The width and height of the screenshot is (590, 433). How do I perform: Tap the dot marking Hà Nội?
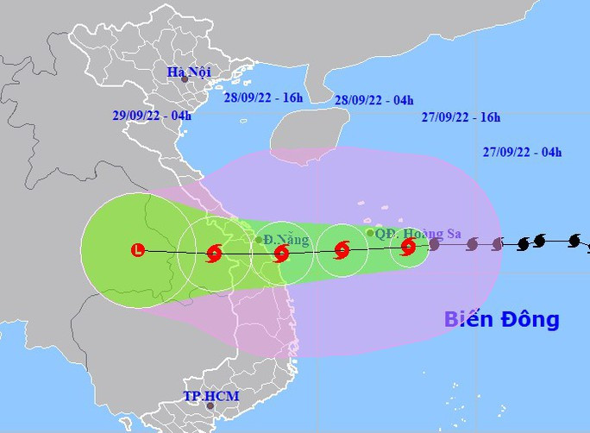click(x=185, y=80)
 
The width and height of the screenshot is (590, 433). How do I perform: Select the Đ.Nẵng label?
click(x=286, y=240)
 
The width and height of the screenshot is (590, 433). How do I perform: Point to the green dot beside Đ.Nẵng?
click(x=259, y=240)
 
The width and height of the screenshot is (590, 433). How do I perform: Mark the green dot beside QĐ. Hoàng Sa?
click(x=370, y=232)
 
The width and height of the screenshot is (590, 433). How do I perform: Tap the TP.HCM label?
click(x=210, y=396)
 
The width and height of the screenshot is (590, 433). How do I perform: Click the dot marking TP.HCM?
click(x=209, y=405)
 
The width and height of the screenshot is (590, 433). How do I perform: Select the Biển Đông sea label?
click(x=501, y=319)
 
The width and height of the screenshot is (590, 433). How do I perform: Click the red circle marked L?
click(x=138, y=250)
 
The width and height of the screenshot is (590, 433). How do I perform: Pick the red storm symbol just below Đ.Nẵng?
click(x=280, y=253)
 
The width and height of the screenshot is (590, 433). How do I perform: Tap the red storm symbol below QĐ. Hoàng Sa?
click(x=408, y=247)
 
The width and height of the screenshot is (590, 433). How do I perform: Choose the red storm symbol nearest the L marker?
click(x=214, y=253)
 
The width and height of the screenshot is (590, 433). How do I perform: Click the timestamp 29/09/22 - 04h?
click(x=152, y=115)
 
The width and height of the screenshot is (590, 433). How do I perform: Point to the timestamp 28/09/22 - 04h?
click(x=373, y=100)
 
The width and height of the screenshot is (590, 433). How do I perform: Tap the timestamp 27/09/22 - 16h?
click(x=461, y=117)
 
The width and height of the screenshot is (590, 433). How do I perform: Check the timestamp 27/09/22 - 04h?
click(x=523, y=153)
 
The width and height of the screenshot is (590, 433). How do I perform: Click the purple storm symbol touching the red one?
click(x=434, y=245)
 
